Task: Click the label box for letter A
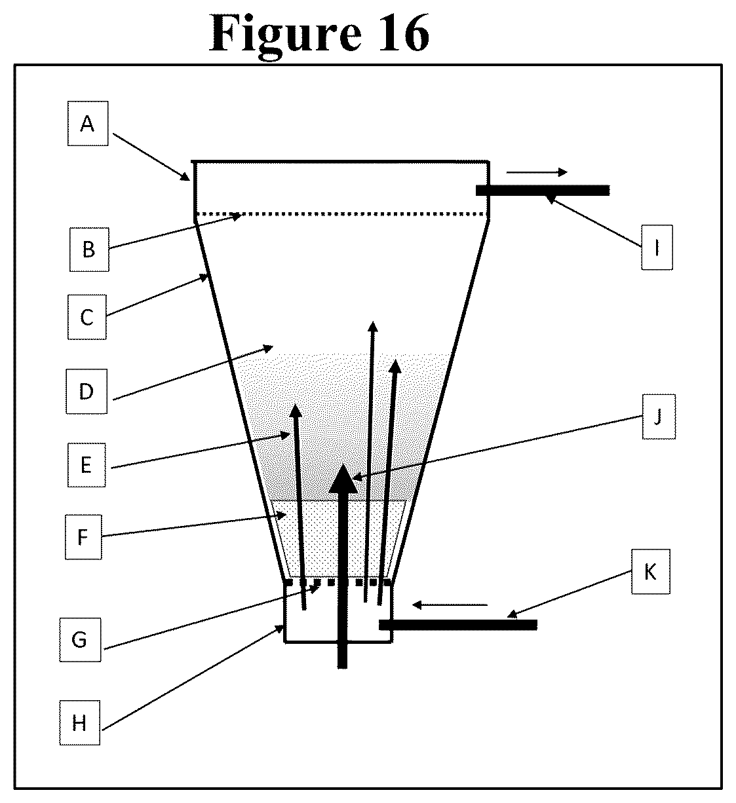point(88,123)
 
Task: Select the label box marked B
point(89,250)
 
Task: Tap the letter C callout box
point(87,317)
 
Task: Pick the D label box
point(87,391)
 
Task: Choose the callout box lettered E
point(87,465)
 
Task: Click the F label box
point(83,537)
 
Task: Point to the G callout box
point(80,640)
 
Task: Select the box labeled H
point(80,722)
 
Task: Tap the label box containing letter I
point(657,248)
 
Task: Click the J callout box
point(659,417)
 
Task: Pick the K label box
point(651,572)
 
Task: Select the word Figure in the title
point(285,36)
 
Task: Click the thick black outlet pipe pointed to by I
point(543,190)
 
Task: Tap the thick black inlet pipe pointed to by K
point(458,625)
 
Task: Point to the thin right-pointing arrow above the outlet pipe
point(537,172)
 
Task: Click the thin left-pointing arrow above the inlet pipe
point(450,605)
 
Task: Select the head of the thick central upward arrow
point(343,479)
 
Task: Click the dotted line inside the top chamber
point(341,214)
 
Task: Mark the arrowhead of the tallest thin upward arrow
point(373,326)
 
